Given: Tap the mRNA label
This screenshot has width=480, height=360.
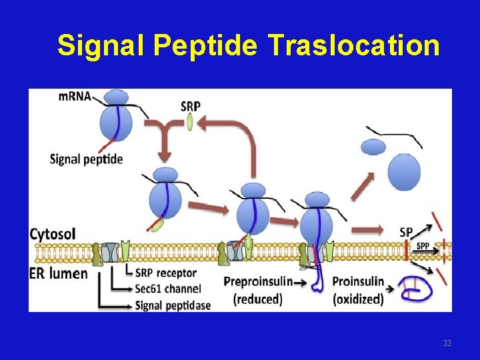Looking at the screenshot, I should pos(75,96).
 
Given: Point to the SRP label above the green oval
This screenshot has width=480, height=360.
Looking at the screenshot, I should pos(190,105).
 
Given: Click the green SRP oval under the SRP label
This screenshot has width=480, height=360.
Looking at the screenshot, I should pos(190,122).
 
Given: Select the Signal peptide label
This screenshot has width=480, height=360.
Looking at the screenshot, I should pos(86,159).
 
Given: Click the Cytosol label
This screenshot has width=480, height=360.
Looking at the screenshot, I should pos(53,234).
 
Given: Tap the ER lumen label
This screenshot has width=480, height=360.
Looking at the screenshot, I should pos(59,273).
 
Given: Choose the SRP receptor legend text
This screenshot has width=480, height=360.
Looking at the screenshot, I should pos(165,273).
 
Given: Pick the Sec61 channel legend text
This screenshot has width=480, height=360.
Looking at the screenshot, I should pos(168,289).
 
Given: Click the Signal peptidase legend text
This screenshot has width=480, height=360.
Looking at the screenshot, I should pos(173,305).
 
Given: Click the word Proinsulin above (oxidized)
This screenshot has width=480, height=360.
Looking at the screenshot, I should pos(358,281).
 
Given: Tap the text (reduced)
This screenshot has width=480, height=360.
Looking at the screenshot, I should pos(257,299).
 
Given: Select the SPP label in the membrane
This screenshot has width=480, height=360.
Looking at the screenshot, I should pos(423,246).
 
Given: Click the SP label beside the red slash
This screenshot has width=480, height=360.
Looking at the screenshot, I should pos(405,232).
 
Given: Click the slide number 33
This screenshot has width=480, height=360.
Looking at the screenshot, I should pos(447,343).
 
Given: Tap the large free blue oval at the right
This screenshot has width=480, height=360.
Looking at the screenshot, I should pos(405,172).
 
